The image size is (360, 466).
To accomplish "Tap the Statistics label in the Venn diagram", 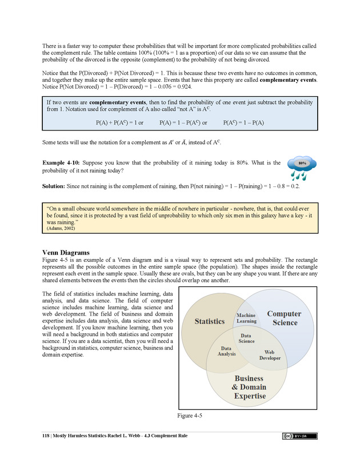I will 210,321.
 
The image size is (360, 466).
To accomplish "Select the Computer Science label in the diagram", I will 284,318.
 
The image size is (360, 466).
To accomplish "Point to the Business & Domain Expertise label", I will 249,387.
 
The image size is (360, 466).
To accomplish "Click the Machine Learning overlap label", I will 246,318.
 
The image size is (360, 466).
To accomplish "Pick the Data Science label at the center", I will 246,338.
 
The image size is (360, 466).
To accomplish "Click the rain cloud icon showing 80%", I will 302,167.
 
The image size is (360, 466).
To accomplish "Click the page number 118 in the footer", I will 47,436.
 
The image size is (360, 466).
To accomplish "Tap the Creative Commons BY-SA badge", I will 299,436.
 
